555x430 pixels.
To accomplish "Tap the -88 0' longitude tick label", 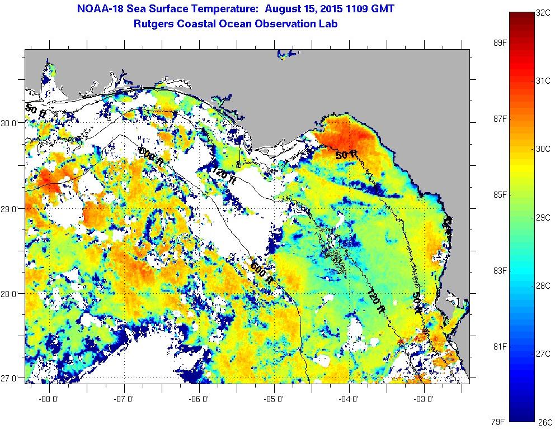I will tap(49, 399).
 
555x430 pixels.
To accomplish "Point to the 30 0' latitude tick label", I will tap(12, 123).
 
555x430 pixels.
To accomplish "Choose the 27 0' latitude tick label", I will tap(12, 379).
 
